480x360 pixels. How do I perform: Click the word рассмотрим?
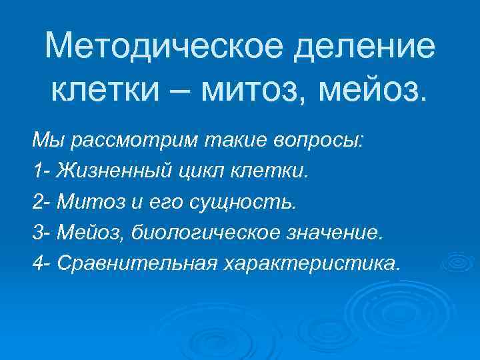(x=123, y=141)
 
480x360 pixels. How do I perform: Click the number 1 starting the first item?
(x=37, y=171)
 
